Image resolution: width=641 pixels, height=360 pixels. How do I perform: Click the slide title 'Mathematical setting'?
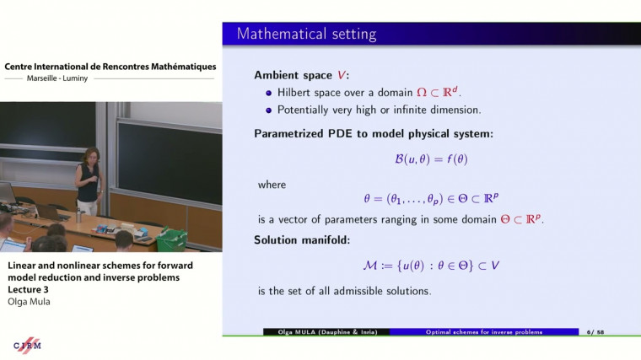pos(306,35)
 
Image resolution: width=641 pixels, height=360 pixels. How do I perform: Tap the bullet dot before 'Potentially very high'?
pos(269,110)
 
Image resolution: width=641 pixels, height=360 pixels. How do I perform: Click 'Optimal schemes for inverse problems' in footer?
pos(483,332)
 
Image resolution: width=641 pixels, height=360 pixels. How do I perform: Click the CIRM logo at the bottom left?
pos(27,346)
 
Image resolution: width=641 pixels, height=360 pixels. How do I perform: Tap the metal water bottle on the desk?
pos(78,217)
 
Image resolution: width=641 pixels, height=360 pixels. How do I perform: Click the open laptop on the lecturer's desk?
pos(51,213)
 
